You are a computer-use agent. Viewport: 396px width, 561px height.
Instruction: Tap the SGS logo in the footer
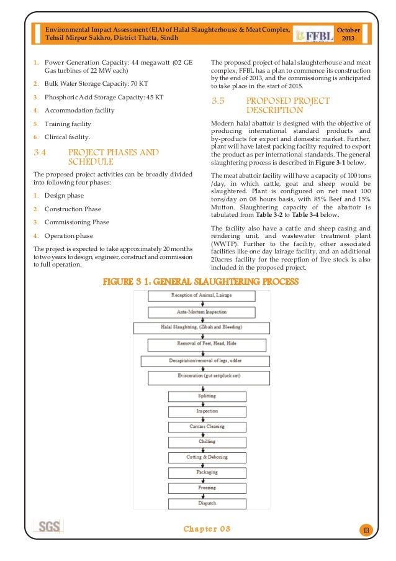click(x=49, y=527)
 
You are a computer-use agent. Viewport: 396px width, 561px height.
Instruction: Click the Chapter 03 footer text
click(x=207, y=529)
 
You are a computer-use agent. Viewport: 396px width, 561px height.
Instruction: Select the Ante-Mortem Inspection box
click(x=207, y=311)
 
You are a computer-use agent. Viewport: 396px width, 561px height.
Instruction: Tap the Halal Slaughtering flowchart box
click(x=207, y=327)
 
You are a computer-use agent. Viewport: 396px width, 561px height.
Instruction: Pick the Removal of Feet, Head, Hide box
click(x=207, y=344)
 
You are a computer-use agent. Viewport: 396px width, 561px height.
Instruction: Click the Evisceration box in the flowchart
click(x=207, y=377)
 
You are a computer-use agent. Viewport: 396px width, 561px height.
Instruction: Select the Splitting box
click(x=207, y=396)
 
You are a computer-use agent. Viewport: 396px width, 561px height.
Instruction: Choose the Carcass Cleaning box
click(x=207, y=427)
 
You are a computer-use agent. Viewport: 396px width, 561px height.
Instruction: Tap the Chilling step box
click(x=207, y=442)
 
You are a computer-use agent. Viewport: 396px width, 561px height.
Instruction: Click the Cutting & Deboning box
click(x=207, y=457)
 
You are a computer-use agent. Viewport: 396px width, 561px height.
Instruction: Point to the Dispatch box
click(x=207, y=503)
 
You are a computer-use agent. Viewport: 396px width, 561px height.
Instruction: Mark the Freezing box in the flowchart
click(x=207, y=488)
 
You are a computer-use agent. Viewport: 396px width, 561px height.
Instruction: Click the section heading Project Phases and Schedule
click(x=113, y=157)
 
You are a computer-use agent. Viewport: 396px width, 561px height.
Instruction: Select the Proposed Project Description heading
click(x=288, y=105)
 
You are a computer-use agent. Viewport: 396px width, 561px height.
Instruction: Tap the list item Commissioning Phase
click(x=76, y=222)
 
